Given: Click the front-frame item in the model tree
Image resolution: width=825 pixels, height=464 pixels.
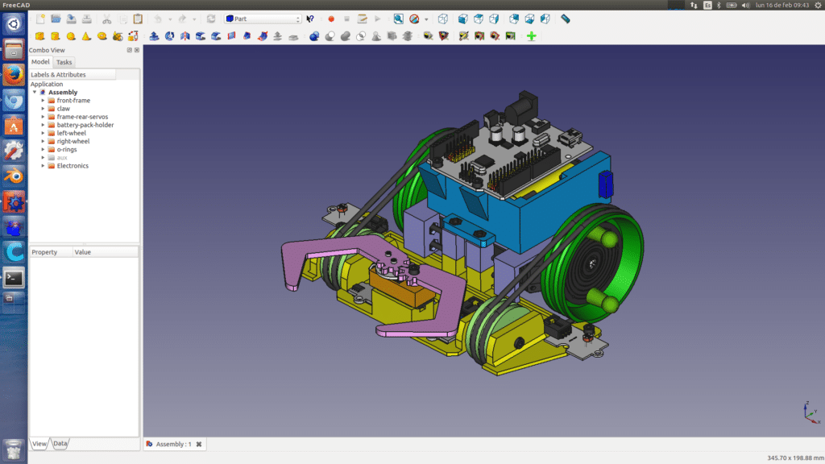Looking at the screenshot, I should [x=73, y=101].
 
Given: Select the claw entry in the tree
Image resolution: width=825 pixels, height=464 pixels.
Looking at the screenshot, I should [x=63, y=109].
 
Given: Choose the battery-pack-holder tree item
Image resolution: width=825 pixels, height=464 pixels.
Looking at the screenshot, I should [x=85, y=125].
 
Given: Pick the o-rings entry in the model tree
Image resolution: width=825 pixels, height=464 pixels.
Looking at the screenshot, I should [x=67, y=149].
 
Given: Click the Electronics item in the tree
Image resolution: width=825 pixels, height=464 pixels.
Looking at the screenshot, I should [x=73, y=166].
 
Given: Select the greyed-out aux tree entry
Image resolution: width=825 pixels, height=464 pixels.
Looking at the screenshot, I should [x=62, y=158].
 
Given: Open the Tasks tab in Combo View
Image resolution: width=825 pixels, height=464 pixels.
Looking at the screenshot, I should [x=64, y=62].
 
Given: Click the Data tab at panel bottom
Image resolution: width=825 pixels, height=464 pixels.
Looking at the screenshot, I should [x=60, y=443].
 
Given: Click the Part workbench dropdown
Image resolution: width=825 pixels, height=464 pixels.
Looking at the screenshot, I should [x=263, y=19].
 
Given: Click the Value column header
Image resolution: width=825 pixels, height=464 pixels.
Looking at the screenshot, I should [x=83, y=252].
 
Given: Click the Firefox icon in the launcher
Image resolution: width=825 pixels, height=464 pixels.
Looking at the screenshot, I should [x=13, y=75].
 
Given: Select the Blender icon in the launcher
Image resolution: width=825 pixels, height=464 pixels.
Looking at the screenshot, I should [x=13, y=176].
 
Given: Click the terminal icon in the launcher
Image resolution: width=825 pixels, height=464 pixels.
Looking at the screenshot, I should [x=13, y=278].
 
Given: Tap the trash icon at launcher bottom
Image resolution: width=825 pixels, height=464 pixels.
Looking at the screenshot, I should [x=13, y=449].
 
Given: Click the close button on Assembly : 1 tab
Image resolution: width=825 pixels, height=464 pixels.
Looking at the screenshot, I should [x=199, y=444].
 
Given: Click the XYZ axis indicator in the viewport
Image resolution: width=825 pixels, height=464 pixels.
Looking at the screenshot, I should [x=810, y=411].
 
